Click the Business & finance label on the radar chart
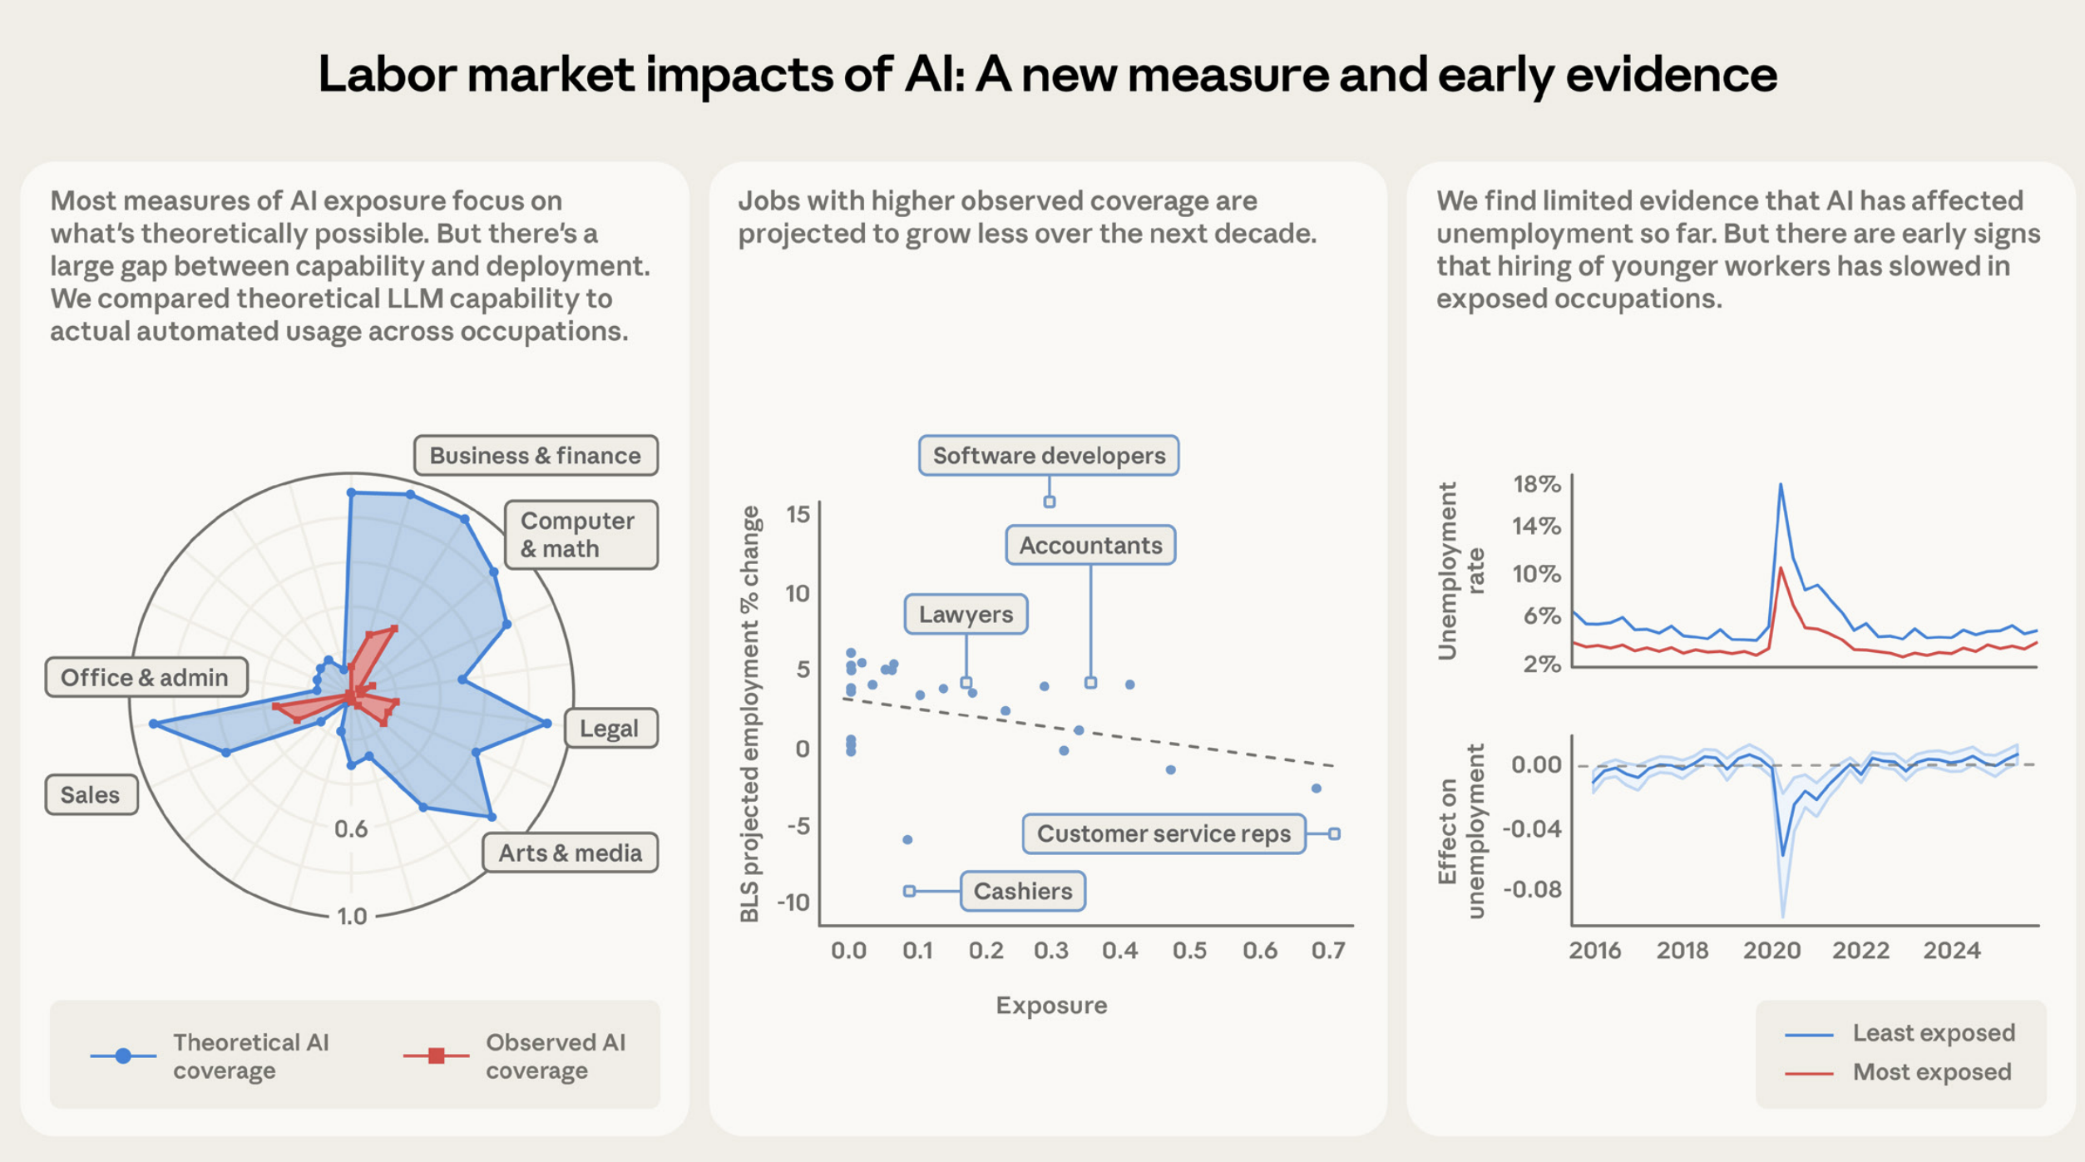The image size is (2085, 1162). [536, 455]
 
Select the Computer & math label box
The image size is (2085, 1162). [581, 535]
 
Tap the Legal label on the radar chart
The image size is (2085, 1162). [610, 728]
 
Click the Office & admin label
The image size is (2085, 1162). [146, 677]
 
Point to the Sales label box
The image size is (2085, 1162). [91, 794]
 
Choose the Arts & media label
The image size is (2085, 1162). [570, 853]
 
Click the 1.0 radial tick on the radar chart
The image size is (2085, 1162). [352, 916]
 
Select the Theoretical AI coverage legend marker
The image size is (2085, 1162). [123, 1056]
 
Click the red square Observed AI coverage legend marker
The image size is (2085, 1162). [437, 1056]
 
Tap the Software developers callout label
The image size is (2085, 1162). [1048, 455]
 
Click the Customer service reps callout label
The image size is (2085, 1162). [1163, 833]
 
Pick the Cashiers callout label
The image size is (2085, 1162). [1022, 891]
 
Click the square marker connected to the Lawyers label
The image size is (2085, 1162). [966, 682]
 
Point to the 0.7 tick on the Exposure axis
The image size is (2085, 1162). [1327, 950]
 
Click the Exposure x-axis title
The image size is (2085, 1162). [1051, 1005]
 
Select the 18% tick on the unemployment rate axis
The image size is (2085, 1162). [1536, 484]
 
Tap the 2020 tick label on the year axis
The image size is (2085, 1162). [1771, 950]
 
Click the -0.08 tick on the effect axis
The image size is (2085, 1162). [1532, 889]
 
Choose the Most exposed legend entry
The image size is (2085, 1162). [1931, 1071]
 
